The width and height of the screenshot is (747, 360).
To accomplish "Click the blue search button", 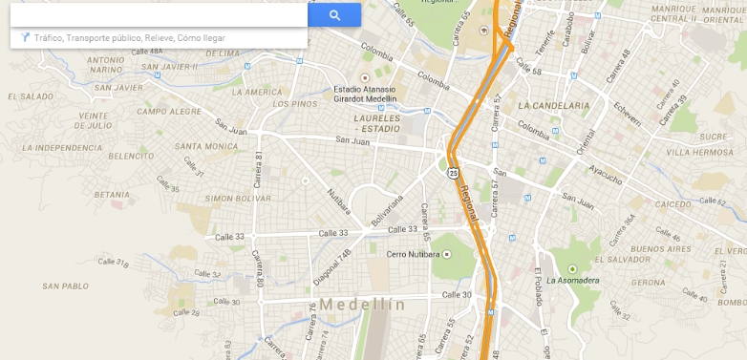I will pyautogui.click(x=334, y=15).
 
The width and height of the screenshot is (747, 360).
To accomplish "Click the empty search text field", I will pyautogui.click(x=158, y=15).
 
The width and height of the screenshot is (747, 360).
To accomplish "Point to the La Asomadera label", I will pyautogui.click(x=572, y=280).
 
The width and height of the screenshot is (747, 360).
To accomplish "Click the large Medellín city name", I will pyautogui.click(x=363, y=305).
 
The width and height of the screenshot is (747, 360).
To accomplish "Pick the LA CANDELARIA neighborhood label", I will pyautogui.click(x=555, y=105).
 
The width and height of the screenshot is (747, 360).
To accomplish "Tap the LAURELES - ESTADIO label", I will pyautogui.click(x=376, y=123).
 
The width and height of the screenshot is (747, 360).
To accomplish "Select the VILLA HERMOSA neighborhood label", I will pyautogui.click(x=700, y=152).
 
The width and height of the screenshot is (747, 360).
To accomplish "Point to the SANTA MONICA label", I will pyautogui.click(x=206, y=146).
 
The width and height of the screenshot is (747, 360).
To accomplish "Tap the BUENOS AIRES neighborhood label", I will pyautogui.click(x=661, y=248).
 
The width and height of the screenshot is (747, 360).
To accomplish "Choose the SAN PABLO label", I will pyautogui.click(x=66, y=286).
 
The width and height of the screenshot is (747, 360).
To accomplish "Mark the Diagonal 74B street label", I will pyautogui.click(x=332, y=266).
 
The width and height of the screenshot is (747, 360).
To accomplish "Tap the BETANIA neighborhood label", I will pyautogui.click(x=112, y=194).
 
